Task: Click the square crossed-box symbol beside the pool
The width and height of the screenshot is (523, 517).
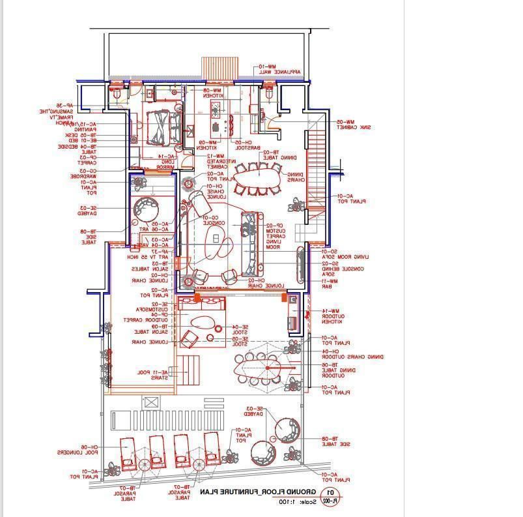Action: (x=151, y=402)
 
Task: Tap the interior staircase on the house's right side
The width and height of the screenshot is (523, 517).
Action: (x=315, y=163)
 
